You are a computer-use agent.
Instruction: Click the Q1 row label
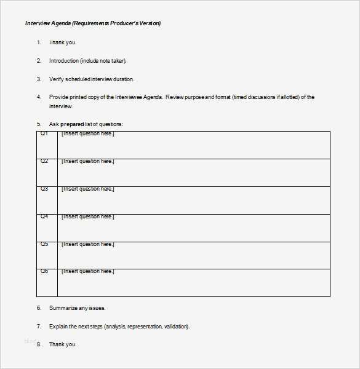pos(44,133)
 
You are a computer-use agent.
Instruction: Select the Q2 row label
pos(44,161)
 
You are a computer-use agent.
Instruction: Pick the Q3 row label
pos(44,189)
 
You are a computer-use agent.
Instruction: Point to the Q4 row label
pos(44,216)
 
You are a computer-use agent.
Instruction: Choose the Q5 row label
pos(44,244)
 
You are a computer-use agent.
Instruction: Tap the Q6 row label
pos(44,271)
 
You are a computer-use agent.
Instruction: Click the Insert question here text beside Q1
pos(87,133)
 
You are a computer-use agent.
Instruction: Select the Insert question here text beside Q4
pos(87,216)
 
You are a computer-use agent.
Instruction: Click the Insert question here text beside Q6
pos(87,271)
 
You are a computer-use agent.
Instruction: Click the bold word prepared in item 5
pos(72,124)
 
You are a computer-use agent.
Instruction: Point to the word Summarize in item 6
pos(64,308)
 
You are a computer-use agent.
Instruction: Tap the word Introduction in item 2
pos(64,61)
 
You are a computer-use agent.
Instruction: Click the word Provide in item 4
pos(60,97)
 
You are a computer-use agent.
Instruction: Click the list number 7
pos(39,327)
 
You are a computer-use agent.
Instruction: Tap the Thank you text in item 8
pos(63,344)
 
